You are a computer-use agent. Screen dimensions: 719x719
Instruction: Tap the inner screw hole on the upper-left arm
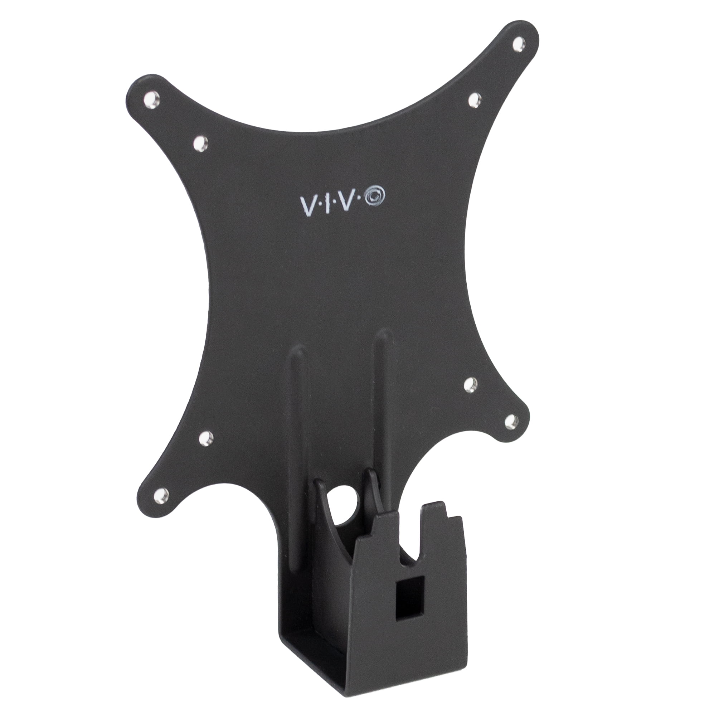(200, 143)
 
